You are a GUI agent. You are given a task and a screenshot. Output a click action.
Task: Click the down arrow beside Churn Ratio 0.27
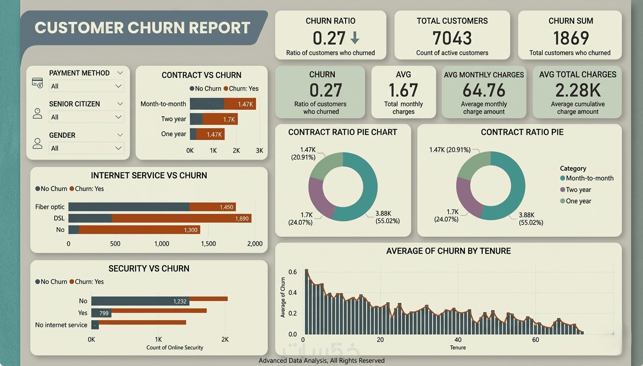(x=355, y=37)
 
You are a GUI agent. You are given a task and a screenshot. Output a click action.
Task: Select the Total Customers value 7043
(x=452, y=38)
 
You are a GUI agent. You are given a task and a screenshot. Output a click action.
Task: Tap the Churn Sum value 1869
(x=571, y=38)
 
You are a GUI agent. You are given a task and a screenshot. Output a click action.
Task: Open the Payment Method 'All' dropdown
(x=87, y=86)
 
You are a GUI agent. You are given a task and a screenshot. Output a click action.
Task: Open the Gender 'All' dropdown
(x=87, y=148)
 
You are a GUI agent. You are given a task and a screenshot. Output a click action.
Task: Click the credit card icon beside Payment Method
(x=37, y=83)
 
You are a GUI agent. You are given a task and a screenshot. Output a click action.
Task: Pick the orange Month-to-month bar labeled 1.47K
(x=240, y=104)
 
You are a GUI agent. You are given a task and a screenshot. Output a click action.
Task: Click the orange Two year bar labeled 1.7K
(x=220, y=119)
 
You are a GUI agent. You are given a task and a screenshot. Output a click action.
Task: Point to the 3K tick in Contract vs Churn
(x=260, y=150)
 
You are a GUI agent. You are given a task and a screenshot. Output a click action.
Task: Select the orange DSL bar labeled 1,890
(x=181, y=218)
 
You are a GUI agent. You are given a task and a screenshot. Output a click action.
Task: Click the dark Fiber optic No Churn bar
(x=129, y=207)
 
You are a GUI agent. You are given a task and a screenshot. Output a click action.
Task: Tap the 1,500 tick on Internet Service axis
(x=209, y=244)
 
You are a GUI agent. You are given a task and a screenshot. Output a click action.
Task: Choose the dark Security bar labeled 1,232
(x=140, y=301)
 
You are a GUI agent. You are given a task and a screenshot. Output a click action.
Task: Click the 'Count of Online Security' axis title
(x=175, y=348)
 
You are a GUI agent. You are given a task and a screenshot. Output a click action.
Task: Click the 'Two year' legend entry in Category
(x=576, y=190)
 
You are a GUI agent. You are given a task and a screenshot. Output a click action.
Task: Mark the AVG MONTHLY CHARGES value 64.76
(x=484, y=90)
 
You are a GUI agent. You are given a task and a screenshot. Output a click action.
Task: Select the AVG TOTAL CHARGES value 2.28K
(x=578, y=90)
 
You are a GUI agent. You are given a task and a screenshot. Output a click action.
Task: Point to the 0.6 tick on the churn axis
(x=293, y=272)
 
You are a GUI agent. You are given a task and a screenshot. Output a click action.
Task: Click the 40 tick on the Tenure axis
(x=458, y=340)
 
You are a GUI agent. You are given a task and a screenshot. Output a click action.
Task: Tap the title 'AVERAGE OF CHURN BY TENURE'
(x=448, y=251)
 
